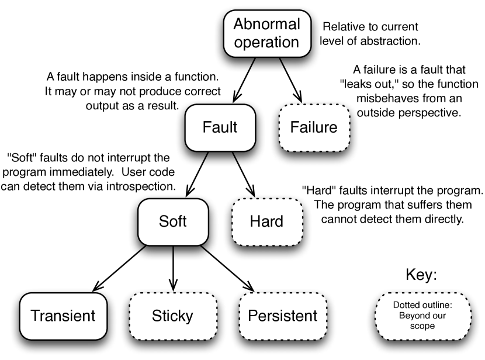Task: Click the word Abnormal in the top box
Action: click(266, 24)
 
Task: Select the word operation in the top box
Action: click(266, 42)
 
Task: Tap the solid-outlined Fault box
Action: click(220, 127)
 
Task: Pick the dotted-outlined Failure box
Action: click(314, 127)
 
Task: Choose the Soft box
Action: click(173, 221)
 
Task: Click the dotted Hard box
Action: click(266, 221)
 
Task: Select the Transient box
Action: click(63, 316)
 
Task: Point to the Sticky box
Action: click(172, 316)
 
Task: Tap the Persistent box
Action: click(283, 316)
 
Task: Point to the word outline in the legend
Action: click(437, 305)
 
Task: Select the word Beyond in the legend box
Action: click(414, 316)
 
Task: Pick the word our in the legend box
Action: click(440, 316)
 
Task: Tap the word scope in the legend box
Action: click(422, 326)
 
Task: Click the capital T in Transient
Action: click(34, 316)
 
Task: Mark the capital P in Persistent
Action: click(252, 316)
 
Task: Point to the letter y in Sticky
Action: click(189, 319)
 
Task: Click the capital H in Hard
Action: click(254, 221)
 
